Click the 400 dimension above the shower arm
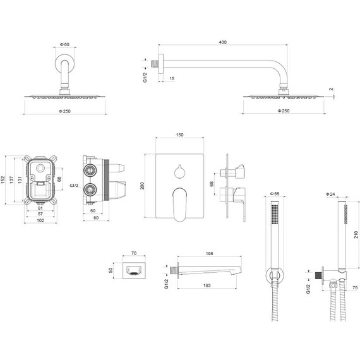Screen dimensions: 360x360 point(222,42)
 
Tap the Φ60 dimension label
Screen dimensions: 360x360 point(65,44)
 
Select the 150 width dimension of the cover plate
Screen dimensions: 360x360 point(179,135)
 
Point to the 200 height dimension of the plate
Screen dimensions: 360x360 point(142,186)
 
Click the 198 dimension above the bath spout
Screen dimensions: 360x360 point(209,253)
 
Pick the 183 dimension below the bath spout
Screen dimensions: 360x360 point(207,285)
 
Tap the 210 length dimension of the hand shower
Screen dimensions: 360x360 point(356,234)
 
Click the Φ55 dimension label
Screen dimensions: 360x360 point(275,194)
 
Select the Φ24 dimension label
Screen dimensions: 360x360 point(330,195)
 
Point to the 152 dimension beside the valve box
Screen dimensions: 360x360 point(3,179)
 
